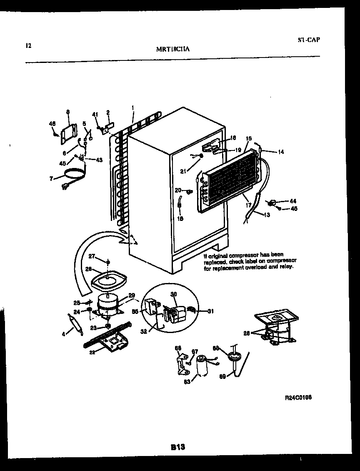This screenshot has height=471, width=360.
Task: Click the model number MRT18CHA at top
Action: [172, 49]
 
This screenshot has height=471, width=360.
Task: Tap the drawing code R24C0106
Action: [298, 398]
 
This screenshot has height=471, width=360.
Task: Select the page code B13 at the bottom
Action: [177, 447]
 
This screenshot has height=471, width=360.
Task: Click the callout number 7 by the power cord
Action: [51, 178]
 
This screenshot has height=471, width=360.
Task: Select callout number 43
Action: [99, 160]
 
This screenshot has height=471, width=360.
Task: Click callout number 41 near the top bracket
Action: [95, 114]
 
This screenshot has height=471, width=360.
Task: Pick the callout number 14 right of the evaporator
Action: [281, 152]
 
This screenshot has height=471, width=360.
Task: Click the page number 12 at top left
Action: [28, 45]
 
